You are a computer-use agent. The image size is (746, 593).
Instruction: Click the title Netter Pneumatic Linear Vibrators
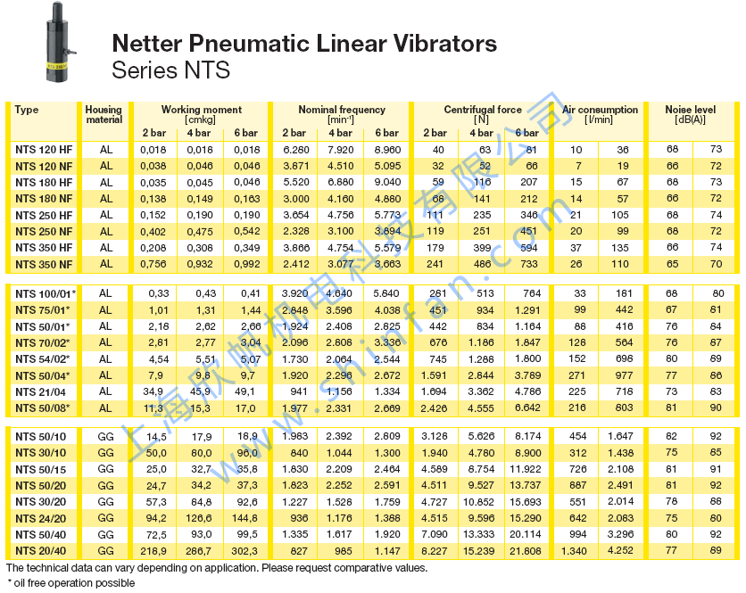tap(303, 43)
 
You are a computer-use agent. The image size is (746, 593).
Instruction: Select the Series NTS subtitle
tap(170, 70)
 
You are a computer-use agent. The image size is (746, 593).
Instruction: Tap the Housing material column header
tap(104, 115)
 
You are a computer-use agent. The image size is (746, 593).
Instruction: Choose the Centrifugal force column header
tap(483, 110)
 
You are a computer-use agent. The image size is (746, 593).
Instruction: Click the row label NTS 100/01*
tap(46, 293)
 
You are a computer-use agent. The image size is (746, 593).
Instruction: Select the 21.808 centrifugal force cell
tap(523, 551)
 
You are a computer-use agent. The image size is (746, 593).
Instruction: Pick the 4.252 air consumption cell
tap(621, 551)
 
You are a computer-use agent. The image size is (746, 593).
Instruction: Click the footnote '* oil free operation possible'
tap(70, 582)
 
